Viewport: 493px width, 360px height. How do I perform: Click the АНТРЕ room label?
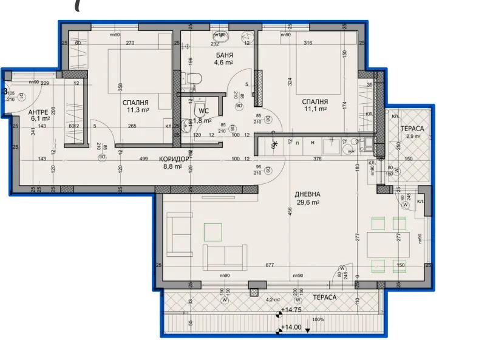[39, 112]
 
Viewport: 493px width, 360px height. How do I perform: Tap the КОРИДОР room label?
[174, 159]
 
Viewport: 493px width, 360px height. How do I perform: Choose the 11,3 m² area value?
[137, 110]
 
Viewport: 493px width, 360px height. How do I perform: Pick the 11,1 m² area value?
[315, 109]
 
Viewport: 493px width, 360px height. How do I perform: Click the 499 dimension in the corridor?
[143, 159]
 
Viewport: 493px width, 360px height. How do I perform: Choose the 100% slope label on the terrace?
[318, 320]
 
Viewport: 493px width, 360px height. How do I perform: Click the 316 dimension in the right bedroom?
[308, 42]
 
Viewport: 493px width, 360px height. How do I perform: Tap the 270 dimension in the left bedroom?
[130, 42]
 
